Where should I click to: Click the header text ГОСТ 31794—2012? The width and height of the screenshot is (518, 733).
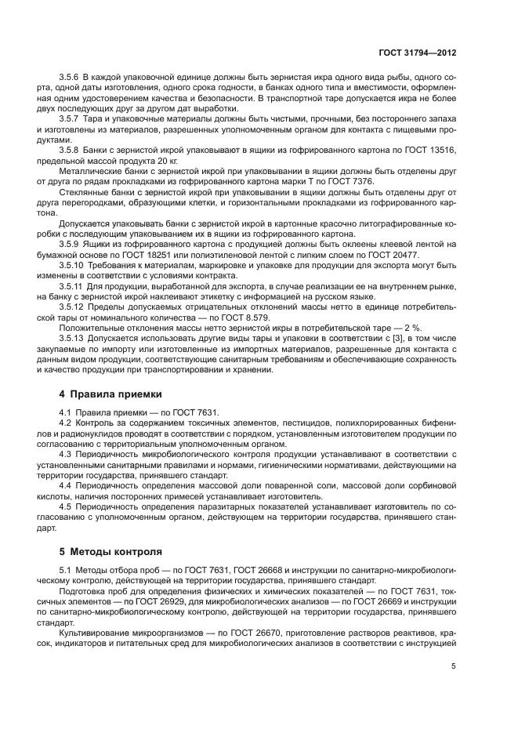click(416, 53)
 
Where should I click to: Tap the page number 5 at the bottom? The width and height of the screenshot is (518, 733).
click(454, 667)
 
